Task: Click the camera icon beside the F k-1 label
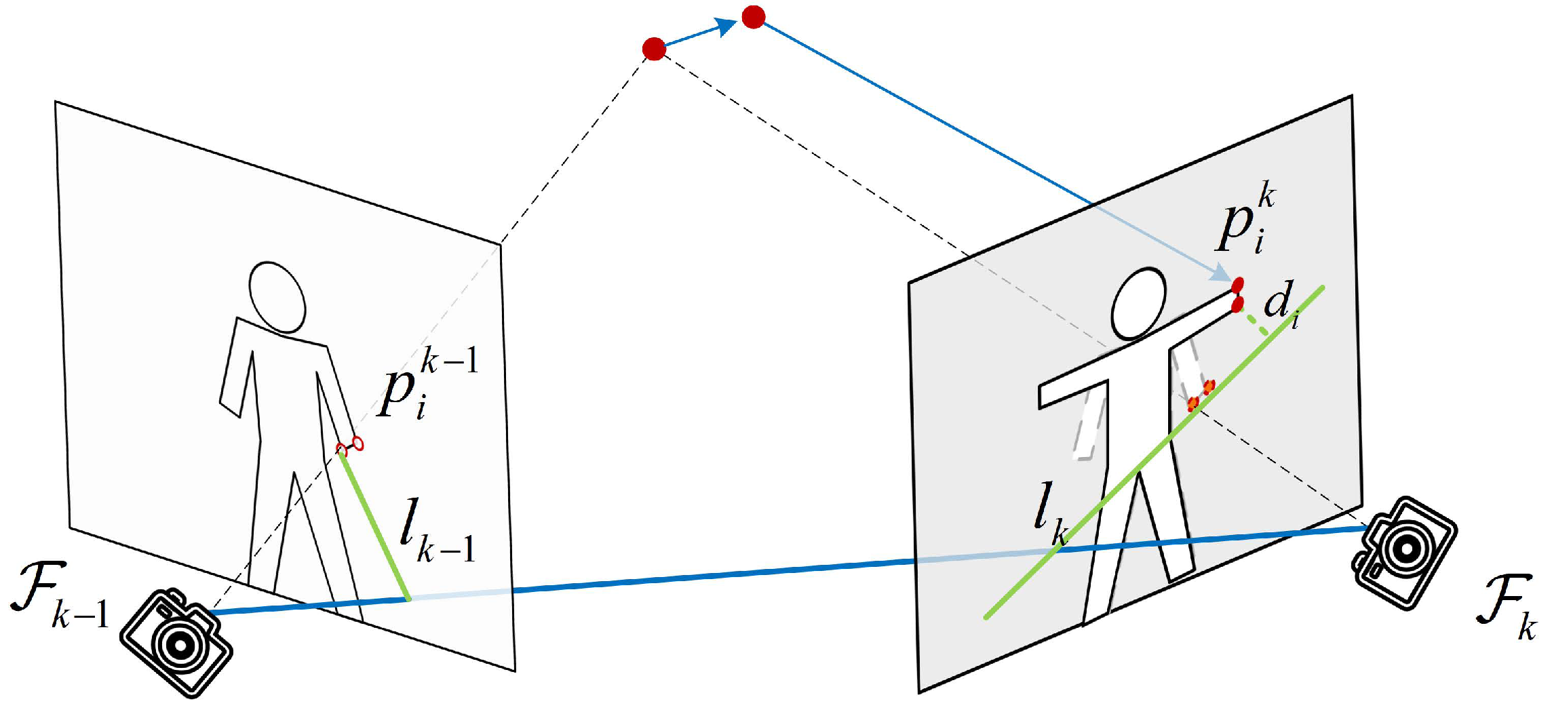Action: pyautogui.click(x=177, y=641)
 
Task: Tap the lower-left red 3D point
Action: pyautogui.click(x=654, y=49)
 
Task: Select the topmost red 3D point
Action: pyautogui.click(x=754, y=17)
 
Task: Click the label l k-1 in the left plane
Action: pyautogui.click(x=436, y=530)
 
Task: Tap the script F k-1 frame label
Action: pyautogui.click(x=59, y=597)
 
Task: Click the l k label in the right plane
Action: pyautogui.click(x=1051, y=513)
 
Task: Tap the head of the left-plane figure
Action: pyautogui.click(x=277, y=297)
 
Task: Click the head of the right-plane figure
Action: pyautogui.click(x=1139, y=303)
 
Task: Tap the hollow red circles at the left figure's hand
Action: pyautogui.click(x=350, y=447)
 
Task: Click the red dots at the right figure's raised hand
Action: pyautogui.click(x=1237, y=294)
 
